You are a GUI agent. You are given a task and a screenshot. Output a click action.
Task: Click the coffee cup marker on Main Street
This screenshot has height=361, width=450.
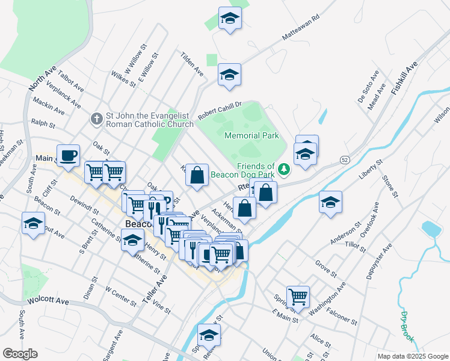click(x=68, y=156)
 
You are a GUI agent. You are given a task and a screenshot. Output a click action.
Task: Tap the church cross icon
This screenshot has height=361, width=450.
click(x=96, y=119)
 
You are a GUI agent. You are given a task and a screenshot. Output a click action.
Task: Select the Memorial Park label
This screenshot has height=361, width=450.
click(x=251, y=136)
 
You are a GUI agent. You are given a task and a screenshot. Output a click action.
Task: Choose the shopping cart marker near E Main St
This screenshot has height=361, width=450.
click(x=298, y=297)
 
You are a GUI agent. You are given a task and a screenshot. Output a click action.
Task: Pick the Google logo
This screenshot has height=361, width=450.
click(x=20, y=354)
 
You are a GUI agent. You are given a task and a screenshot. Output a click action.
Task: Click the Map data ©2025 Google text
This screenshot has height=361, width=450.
click(x=412, y=356)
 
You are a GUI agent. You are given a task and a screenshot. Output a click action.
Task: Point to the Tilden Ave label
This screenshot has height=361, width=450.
click(x=192, y=63)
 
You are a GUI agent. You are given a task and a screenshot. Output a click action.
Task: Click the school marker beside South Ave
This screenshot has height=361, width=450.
click(x=34, y=224)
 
